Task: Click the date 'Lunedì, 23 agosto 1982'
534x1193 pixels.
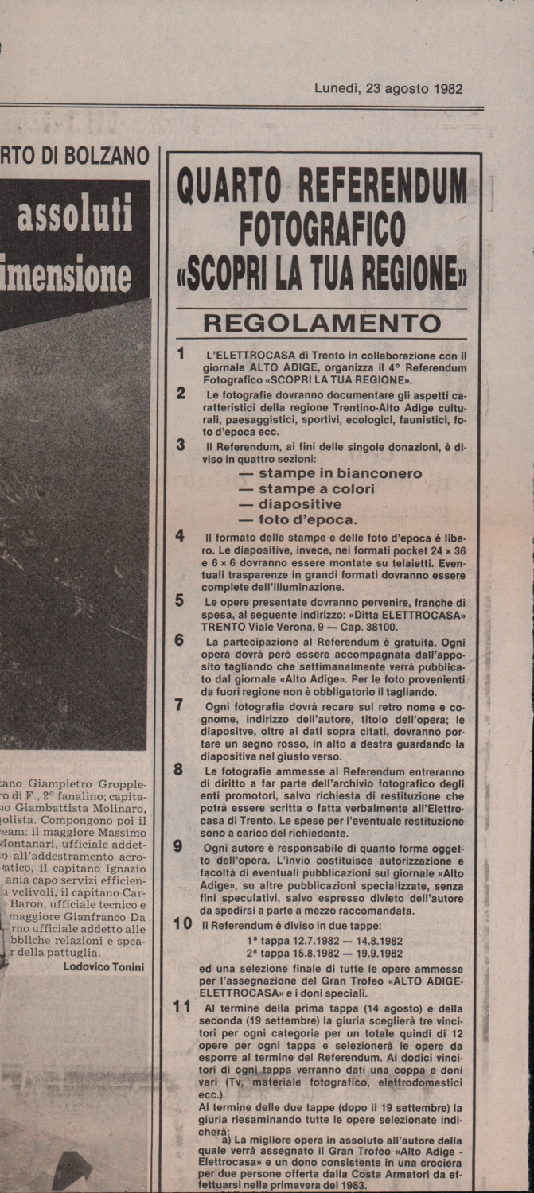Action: coord(388,89)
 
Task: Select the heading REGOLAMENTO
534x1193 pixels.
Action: coord(322,324)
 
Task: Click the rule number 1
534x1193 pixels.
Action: coord(181,353)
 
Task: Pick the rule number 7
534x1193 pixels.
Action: coord(180,704)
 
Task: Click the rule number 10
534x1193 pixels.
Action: coord(183,924)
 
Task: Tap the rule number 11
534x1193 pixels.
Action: coord(182,1005)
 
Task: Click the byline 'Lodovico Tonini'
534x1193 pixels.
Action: coord(103,966)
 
